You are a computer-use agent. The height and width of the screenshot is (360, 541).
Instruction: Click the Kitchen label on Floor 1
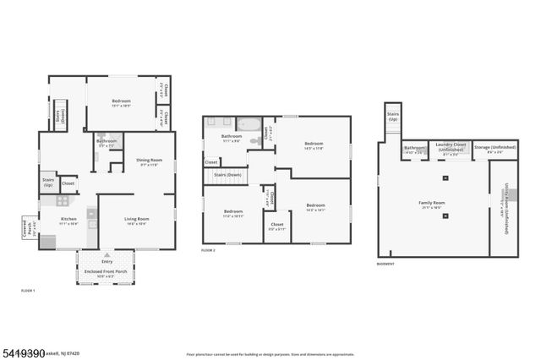68,221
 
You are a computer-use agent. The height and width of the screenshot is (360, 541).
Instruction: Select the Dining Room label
149,162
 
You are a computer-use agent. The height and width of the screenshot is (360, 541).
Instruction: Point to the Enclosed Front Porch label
107,272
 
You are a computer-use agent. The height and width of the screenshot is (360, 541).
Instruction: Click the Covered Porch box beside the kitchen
28,229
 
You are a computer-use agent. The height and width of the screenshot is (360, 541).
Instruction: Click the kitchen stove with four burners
62,201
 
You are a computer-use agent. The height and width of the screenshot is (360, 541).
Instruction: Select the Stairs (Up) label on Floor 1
47,182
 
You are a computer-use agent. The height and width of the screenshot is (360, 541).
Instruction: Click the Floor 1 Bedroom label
122,102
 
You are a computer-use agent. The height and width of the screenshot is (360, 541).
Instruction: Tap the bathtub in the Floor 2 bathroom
249,124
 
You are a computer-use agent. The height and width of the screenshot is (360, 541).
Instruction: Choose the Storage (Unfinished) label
495,150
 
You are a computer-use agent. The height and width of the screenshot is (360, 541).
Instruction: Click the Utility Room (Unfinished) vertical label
504,203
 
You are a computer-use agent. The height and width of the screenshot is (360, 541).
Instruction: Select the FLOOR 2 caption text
208,251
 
